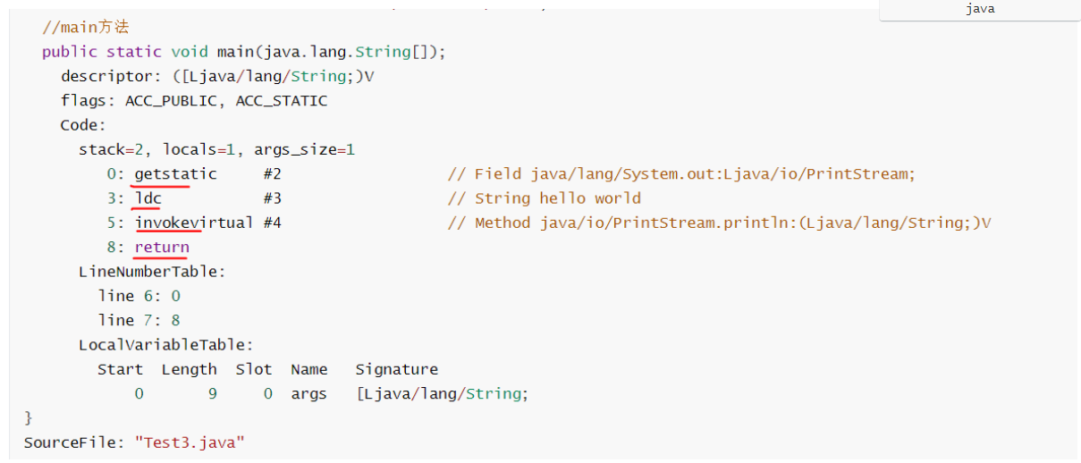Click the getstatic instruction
coord(175,174)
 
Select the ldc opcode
coord(148,198)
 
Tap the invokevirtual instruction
coord(194,223)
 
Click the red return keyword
coord(162,247)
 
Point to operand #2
coord(273,174)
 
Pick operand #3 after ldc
coord(273,198)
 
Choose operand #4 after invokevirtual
coord(273,223)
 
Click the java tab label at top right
coord(980,9)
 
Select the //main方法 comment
coord(85,28)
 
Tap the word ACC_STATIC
coord(282,101)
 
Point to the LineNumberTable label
coord(152,271)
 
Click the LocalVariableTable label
coord(166,344)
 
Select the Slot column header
coord(254,369)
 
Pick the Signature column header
coord(397,369)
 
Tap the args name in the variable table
coord(309,393)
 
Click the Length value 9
coord(213,393)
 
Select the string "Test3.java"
coord(190,442)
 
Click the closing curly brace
coord(29,417)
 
